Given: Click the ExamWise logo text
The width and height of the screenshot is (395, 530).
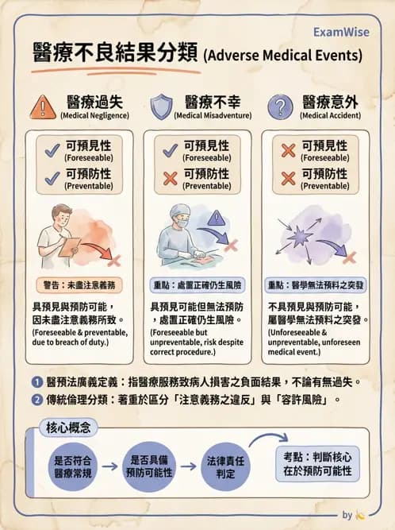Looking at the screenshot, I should pyautogui.click(x=343, y=33).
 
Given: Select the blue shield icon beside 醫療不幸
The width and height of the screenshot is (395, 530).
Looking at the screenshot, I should pyautogui.click(x=161, y=106).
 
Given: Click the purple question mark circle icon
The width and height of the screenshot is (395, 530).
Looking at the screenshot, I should pyautogui.click(x=280, y=106).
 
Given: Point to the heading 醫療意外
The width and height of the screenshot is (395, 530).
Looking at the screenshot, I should pyautogui.click(x=332, y=102).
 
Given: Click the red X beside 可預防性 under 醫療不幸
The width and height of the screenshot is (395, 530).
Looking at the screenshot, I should pyautogui.click(x=169, y=178).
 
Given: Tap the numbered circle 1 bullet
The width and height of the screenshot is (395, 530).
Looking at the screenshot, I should pyautogui.click(x=36, y=381).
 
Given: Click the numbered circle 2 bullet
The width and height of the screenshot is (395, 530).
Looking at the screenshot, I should pyautogui.click(x=36, y=400).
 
